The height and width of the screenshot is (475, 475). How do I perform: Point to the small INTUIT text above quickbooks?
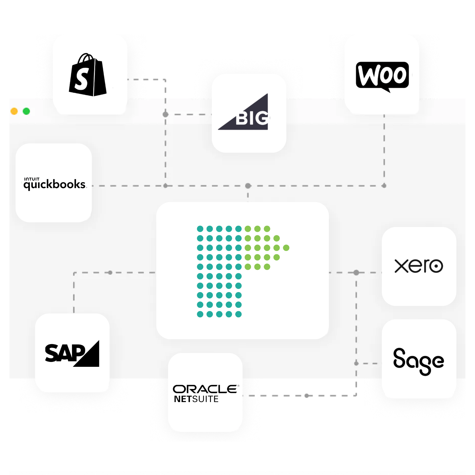(x=32, y=179)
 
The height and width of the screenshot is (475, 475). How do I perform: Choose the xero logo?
(x=418, y=266)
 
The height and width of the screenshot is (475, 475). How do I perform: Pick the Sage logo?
(x=418, y=361)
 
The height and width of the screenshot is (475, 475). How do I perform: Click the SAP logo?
(x=72, y=353)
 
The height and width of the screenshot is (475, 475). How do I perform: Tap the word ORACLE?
(x=205, y=389)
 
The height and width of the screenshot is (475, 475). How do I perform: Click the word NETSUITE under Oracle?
(x=196, y=399)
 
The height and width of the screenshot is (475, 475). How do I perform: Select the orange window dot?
(x=14, y=111)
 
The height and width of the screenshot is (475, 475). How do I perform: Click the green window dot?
(x=26, y=111)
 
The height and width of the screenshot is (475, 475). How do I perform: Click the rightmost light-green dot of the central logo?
(x=286, y=248)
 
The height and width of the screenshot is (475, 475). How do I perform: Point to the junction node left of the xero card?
(x=356, y=273)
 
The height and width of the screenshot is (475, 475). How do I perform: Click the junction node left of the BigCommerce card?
(x=165, y=115)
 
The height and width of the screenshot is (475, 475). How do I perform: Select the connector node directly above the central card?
(x=248, y=186)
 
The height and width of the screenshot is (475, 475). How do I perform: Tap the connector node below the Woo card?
(x=384, y=186)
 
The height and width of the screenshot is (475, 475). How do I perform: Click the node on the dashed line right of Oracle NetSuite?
(x=307, y=396)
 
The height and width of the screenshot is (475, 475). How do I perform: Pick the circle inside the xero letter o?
(x=437, y=267)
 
